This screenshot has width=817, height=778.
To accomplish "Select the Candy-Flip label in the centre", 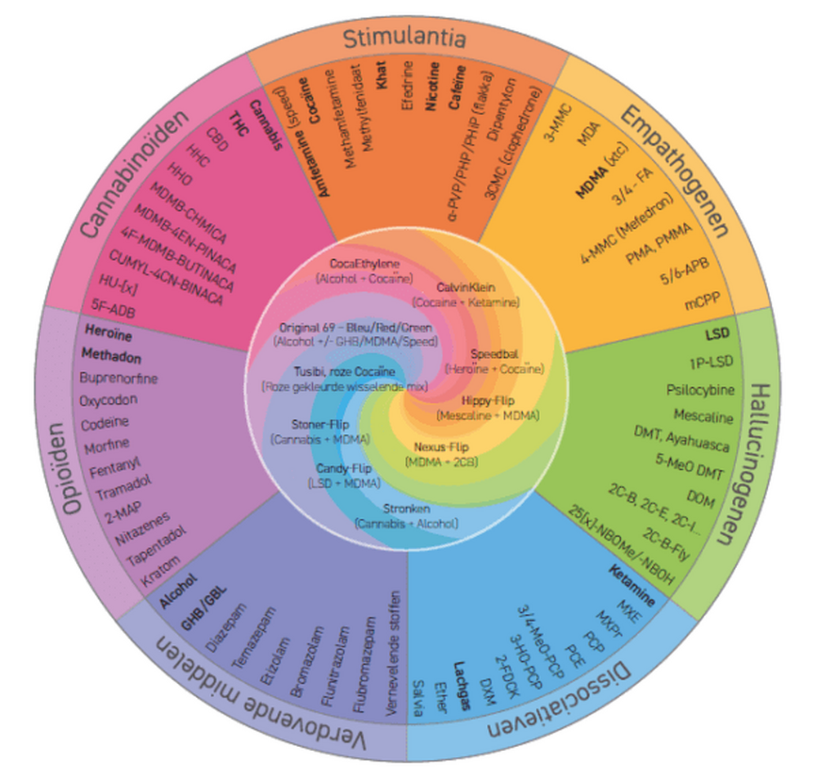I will (343, 469).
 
